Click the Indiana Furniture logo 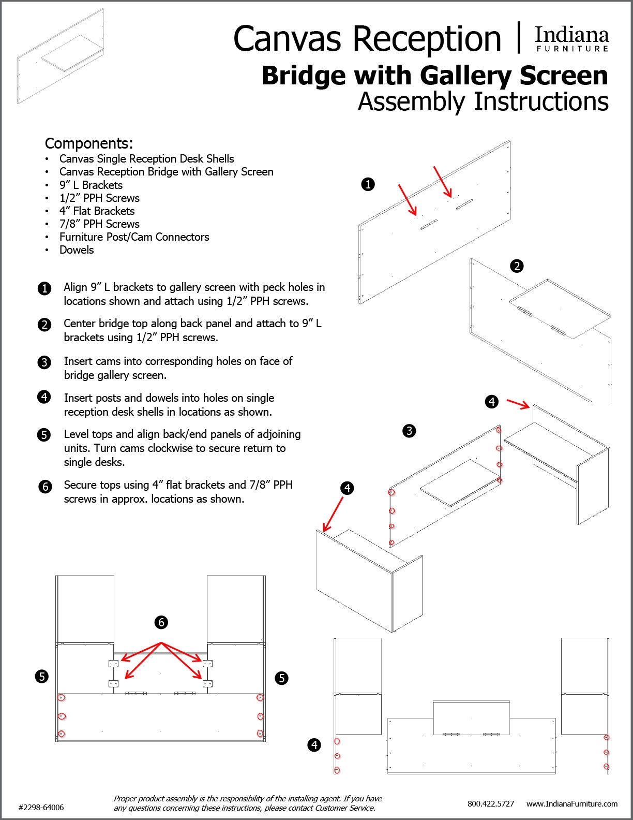pos(571,39)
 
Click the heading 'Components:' pos(89,143)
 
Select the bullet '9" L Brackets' pos(91,185)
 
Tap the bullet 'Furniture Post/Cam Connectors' pos(134,237)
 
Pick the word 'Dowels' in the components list pos(77,250)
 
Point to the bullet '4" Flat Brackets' pos(97,211)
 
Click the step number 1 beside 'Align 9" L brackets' pos(45,288)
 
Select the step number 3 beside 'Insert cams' pos(45,362)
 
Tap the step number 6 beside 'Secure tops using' pos(45,487)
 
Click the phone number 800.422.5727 pos(491,804)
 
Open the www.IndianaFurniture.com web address pos(572,804)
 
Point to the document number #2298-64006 pos(41,808)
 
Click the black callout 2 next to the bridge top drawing pos(517,266)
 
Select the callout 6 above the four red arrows pos(161,622)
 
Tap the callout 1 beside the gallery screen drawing pos(368,184)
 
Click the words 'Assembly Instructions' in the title pos(483,101)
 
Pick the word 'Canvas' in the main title pos(287,39)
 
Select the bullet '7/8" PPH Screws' pos(99,224)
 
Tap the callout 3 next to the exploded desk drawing pos(409,431)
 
